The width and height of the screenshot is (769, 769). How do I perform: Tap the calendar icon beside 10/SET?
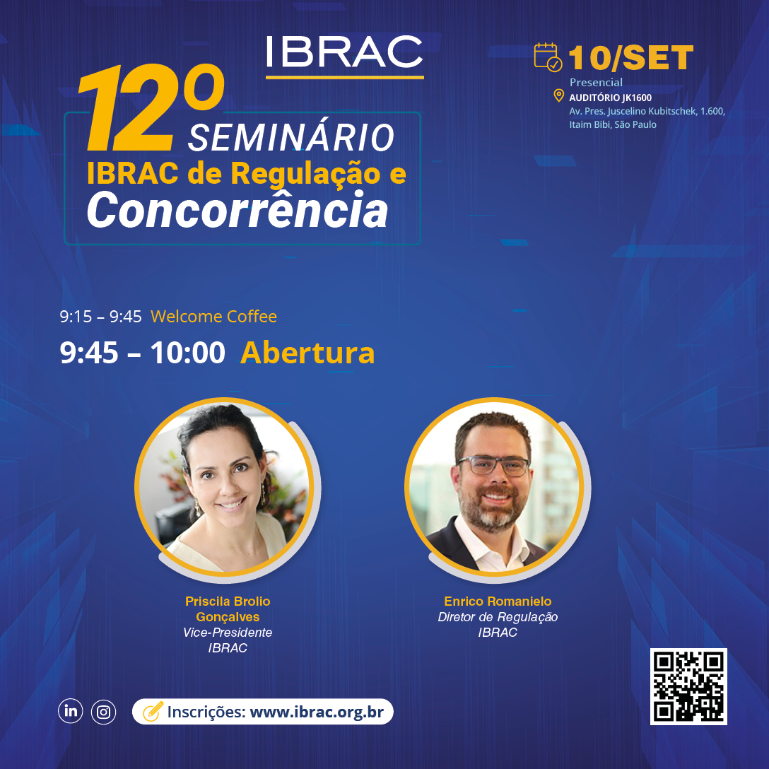click(x=548, y=57)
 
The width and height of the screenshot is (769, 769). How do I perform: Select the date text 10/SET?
click(x=631, y=58)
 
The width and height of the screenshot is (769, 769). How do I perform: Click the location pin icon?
click(x=558, y=95)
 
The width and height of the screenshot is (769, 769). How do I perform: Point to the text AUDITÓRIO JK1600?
click(x=610, y=98)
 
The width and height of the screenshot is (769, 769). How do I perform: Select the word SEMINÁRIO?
click(x=290, y=137)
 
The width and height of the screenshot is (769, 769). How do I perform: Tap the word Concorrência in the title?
click(x=237, y=210)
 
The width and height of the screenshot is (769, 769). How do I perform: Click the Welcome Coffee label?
click(x=214, y=317)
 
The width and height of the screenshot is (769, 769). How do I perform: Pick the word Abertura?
click(x=307, y=353)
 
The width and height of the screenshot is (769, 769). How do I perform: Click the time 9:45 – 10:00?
click(x=142, y=353)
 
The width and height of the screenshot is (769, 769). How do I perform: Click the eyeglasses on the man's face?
click(x=494, y=465)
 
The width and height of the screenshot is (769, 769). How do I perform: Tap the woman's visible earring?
click(x=197, y=507)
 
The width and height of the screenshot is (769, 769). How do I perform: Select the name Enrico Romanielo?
click(x=498, y=601)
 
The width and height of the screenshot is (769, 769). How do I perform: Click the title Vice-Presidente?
click(x=228, y=632)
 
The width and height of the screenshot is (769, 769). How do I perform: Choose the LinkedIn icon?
click(x=71, y=710)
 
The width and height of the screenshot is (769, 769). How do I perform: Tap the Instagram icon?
click(x=103, y=712)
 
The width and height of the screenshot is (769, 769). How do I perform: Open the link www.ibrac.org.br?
click(x=317, y=712)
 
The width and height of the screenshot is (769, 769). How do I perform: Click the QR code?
click(x=688, y=686)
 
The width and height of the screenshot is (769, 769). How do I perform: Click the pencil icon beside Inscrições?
click(x=153, y=712)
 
